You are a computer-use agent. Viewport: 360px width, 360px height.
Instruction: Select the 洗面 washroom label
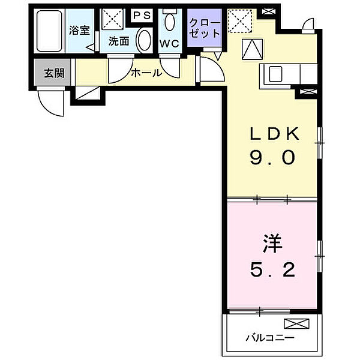(x=119, y=42)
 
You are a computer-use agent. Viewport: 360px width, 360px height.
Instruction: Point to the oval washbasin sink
(x=144, y=40)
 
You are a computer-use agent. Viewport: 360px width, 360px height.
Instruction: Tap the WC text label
(x=169, y=43)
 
